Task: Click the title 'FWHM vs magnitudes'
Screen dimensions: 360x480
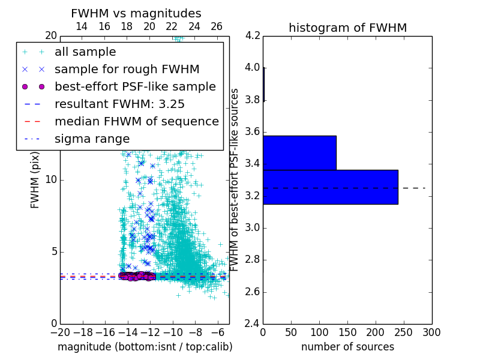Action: coord(136,13)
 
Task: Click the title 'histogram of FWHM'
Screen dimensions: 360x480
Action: coord(347,28)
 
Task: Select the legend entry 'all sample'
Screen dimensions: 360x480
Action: coord(85,52)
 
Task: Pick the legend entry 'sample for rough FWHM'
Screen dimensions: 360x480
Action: coord(127,70)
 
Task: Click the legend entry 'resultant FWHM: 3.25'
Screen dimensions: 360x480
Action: coord(124,104)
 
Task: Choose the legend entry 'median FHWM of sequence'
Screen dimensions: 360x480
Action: coord(136,121)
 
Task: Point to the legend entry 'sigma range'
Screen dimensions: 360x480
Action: coord(92,139)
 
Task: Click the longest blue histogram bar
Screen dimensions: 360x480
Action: coord(330,187)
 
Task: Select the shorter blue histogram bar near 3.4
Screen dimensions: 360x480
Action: coord(299,153)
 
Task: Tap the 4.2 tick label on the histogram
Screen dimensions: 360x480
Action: coord(253,35)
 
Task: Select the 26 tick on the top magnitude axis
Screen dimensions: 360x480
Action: coord(217,26)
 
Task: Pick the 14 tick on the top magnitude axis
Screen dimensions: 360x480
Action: coord(82,26)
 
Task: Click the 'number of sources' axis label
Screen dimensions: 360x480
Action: coord(347,347)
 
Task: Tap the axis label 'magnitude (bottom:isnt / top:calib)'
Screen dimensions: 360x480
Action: coord(145,347)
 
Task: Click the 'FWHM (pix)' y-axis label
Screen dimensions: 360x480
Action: coord(35,179)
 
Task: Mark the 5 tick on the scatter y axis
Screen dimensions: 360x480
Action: coord(53,251)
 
